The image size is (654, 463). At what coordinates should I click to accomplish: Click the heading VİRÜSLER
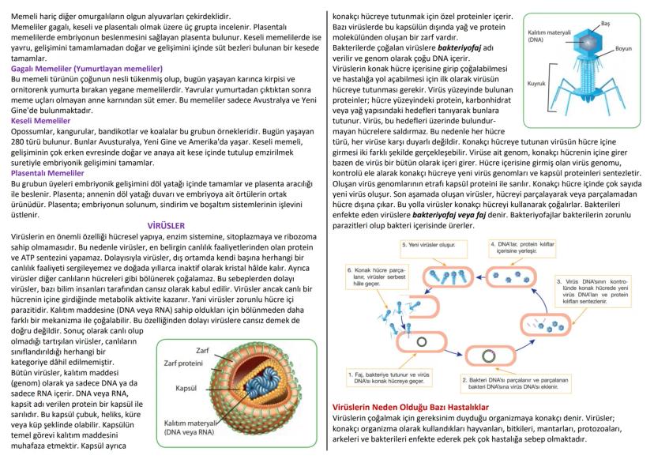[x=163, y=224]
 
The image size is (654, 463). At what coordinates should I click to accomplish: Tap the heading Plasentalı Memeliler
[x=47, y=172]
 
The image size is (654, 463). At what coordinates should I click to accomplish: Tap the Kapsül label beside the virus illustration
[x=186, y=389]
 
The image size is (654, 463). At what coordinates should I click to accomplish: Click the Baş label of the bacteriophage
[x=605, y=25]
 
